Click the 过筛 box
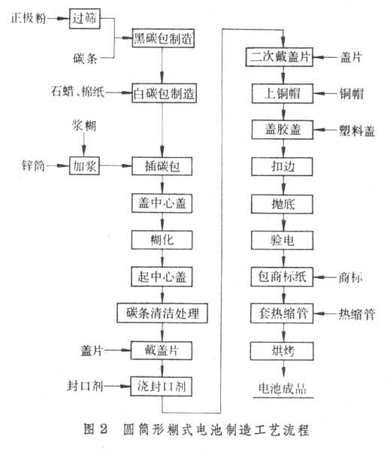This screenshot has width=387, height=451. tap(84, 19)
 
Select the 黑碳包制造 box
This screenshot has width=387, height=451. tap(163, 38)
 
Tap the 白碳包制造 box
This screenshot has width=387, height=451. tap(164, 93)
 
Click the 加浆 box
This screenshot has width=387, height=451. tap(84, 165)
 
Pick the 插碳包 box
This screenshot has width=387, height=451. tap(162, 166)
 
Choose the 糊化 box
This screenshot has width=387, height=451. tap(162, 240)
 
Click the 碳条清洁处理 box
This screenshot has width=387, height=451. tap(162, 313)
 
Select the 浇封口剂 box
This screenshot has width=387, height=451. tap(162, 386)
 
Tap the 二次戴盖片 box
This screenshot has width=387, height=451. tap(280, 57)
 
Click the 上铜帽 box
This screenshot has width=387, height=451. tap(283, 93)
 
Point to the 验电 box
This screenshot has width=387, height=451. tap(282, 240)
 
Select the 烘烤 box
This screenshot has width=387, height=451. tap(282, 350)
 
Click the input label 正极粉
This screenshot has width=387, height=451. tap(29, 18)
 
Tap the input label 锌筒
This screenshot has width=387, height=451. tap(33, 165)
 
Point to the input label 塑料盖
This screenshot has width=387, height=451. tap(357, 131)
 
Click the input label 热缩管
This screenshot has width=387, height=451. tap(357, 313)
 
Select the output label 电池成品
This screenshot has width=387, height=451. tap(283, 389)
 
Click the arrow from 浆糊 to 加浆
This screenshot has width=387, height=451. tap(83, 144)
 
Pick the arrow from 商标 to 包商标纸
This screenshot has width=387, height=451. tap(325, 277)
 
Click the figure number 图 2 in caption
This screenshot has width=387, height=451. tap(95, 429)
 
